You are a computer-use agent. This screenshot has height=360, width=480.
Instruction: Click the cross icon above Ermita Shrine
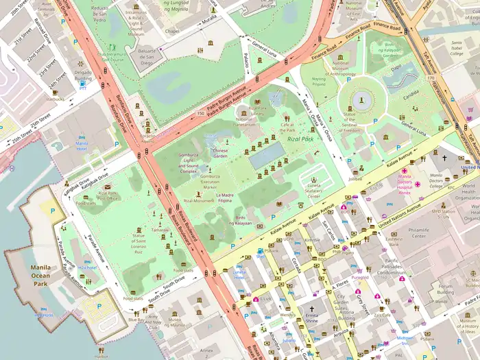[x=311, y=309]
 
